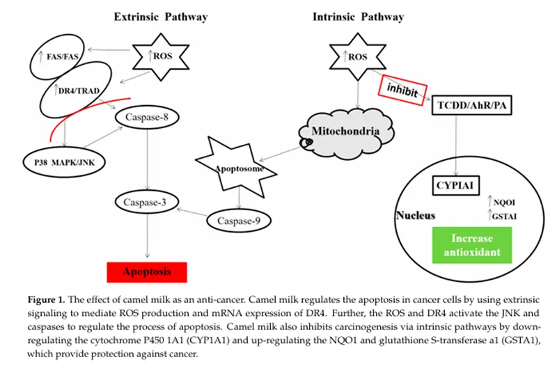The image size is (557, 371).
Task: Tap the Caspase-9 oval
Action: tap(238, 221)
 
